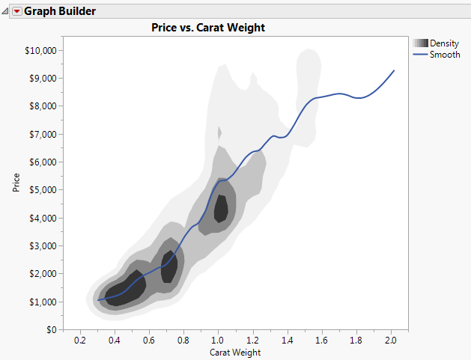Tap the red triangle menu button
point(17,11)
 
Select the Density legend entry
point(445,43)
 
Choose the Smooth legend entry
point(445,55)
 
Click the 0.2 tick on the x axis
point(80,341)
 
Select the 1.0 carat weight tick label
point(218,341)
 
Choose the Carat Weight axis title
point(235,353)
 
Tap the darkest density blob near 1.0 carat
point(221,207)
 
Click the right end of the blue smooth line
point(394,70)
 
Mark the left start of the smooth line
point(98,300)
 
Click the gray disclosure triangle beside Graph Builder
point(6,11)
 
